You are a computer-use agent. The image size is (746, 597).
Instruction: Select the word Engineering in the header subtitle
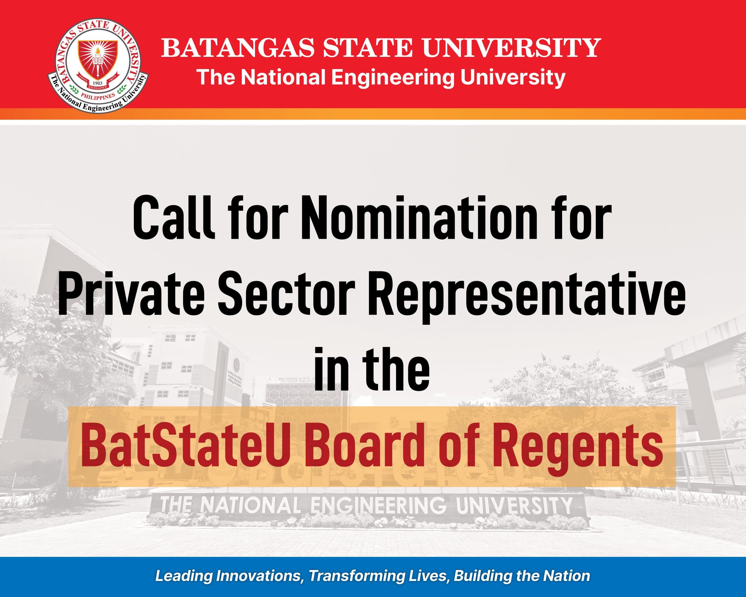[x=392, y=78]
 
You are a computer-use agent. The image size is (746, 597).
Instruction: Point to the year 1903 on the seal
[x=98, y=83]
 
